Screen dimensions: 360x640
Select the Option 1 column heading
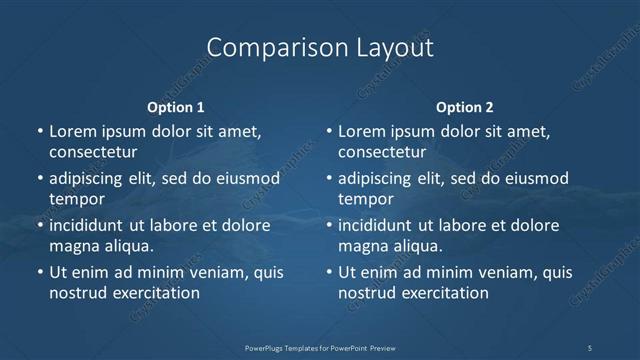pos(176,107)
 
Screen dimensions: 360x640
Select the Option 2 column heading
pos(465,107)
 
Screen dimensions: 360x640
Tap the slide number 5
pos(590,347)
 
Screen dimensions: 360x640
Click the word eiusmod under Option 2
pos(535,178)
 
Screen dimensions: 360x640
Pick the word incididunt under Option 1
pos(91,225)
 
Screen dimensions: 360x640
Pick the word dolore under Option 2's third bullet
pos(534,225)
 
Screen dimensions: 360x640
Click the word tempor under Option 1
pos(77,199)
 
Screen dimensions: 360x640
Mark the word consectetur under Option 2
pos(382,152)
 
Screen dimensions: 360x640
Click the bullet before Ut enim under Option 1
pos(39,272)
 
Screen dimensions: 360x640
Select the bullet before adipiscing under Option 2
pos(328,178)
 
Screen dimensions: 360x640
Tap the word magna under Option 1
pos(72,246)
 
